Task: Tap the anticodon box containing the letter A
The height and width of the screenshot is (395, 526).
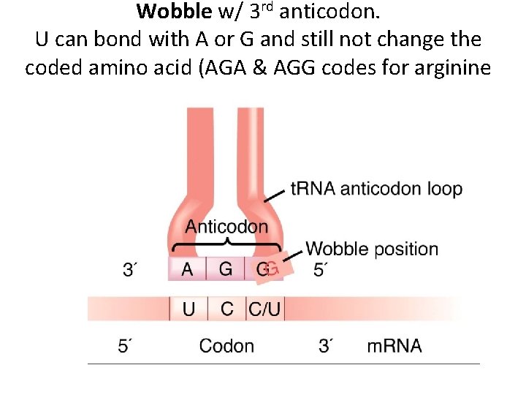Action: [x=188, y=269]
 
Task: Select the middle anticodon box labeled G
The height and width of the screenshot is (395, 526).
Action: [x=226, y=269]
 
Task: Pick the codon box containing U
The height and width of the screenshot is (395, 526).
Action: [x=188, y=309]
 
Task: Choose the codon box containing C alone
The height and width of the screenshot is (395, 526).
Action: [x=227, y=309]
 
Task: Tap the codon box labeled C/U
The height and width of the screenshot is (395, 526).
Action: [x=264, y=309]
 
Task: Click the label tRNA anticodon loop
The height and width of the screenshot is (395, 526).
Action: [x=376, y=189]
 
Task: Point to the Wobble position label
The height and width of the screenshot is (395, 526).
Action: [x=372, y=249]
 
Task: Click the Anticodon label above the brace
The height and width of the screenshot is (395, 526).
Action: [x=226, y=226]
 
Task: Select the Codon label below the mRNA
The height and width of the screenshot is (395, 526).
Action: [x=226, y=346]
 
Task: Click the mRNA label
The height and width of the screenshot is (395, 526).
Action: [x=394, y=346]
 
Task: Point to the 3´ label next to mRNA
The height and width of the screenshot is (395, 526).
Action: [x=327, y=346]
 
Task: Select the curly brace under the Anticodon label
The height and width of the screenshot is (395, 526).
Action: [x=226, y=242]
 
